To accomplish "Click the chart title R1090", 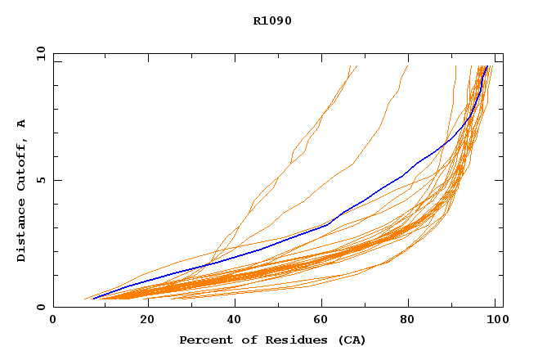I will pos(272,21).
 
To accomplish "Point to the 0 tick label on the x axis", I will pos(53,320).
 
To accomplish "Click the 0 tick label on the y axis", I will pos(40,307).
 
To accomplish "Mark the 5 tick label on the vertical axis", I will pos(40,180).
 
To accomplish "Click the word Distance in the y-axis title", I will pos(22,232).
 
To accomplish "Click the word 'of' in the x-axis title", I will pos(241,340).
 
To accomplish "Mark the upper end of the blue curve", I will pos(487,66).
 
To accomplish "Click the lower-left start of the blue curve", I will pos(92,298).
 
